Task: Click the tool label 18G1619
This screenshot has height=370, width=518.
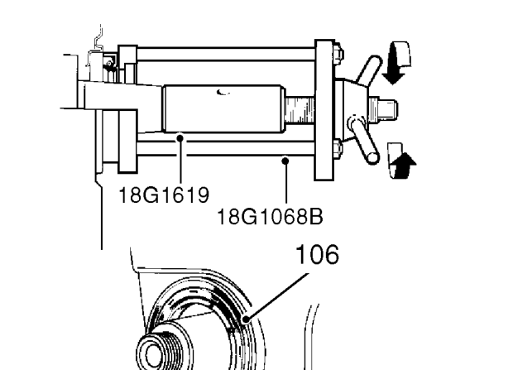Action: point(164,195)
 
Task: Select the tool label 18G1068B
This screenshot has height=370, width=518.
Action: point(270,217)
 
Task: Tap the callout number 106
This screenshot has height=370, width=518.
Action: point(317,254)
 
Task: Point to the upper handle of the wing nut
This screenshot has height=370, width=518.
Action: point(369,70)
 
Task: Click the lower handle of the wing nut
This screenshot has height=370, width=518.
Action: point(364,140)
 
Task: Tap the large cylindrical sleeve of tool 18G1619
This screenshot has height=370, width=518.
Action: point(223,108)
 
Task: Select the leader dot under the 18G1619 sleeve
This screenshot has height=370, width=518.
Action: point(180,137)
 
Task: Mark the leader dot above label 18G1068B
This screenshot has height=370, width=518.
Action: point(285,161)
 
